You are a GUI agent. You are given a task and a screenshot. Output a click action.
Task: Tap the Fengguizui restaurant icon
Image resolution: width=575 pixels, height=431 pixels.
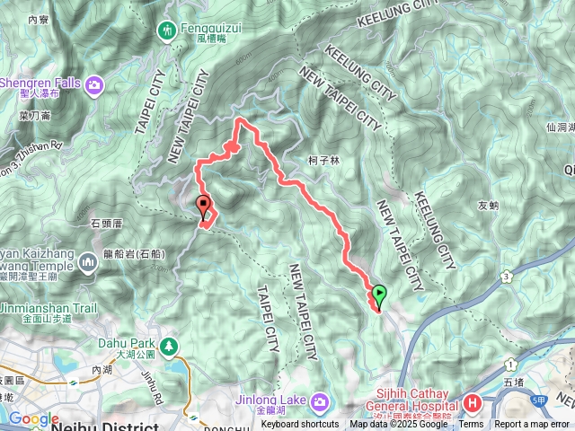click(x=167, y=31)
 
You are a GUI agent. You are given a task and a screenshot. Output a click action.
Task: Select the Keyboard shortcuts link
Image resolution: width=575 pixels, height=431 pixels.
click(x=300, y=425)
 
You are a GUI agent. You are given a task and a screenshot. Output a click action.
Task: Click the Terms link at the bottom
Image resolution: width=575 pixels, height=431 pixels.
click(x=471, y=425)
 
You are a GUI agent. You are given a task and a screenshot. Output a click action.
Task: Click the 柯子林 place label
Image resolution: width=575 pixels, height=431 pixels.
click(x=323, y=162)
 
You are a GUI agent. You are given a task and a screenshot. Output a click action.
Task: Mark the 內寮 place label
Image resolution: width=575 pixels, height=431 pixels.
click(x=38, y=19)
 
